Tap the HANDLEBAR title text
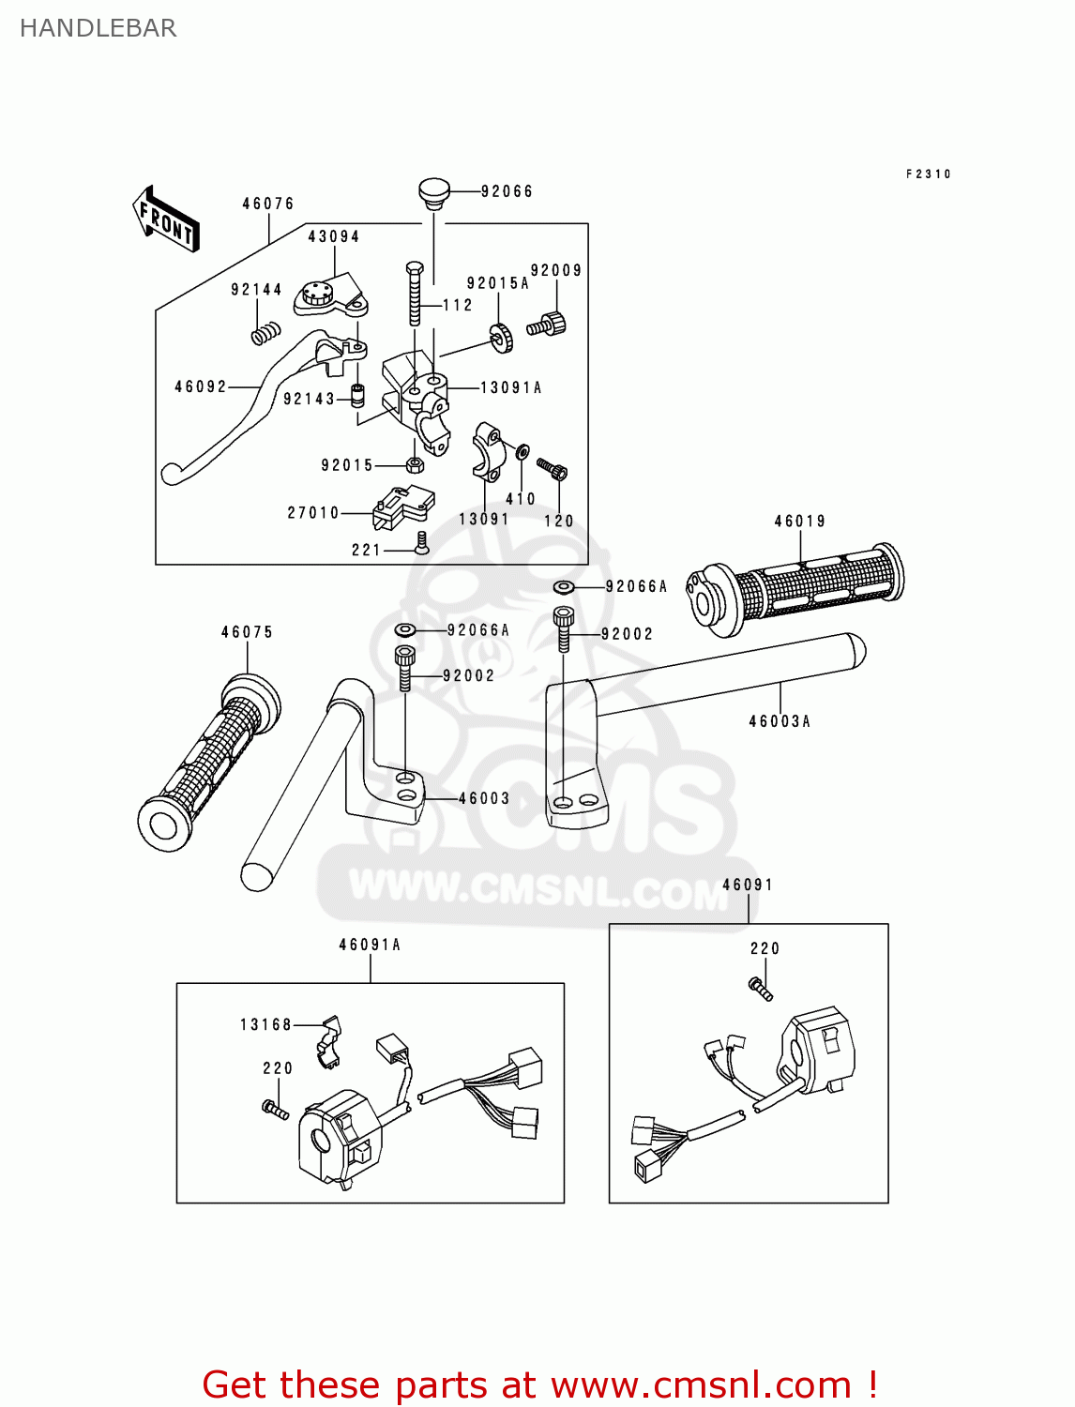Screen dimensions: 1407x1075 coord(98,28)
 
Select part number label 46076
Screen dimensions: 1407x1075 coord(268,204)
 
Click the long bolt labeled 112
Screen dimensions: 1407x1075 coord(415,294)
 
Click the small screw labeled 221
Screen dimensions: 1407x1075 coord(421,543)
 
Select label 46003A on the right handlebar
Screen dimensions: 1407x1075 coord(780,721)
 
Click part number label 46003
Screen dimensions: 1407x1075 coord(484,798)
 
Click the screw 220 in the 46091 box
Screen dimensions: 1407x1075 coord(761,988)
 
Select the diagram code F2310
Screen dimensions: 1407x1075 coord(928,174)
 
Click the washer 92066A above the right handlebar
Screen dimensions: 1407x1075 coord(564,587)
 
